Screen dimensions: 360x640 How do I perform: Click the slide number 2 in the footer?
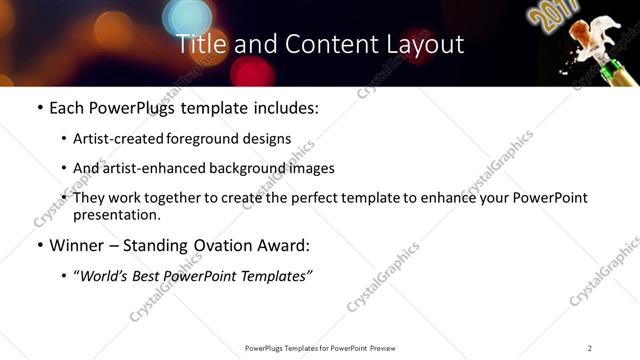[590, 348]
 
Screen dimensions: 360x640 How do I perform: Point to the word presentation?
[115, 215]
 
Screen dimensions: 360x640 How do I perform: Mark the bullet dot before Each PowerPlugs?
[39, 108]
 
